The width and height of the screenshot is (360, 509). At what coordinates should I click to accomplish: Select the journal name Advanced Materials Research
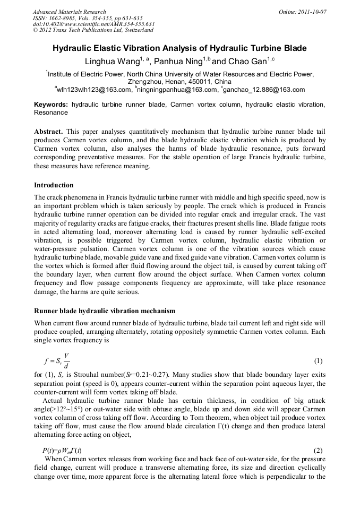(x=69, y=12)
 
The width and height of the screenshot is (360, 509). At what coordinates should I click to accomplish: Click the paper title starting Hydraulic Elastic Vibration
(x=179, y=48)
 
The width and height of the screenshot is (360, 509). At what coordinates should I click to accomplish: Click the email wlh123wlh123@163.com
(x=95, y=90)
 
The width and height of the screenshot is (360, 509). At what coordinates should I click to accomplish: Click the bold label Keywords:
(x=51, y=105)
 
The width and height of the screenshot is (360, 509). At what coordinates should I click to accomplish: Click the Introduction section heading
(x=54, y=185)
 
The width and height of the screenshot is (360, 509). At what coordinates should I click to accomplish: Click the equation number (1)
(x=318, y=361)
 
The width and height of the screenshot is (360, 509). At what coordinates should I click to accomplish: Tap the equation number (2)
(x=318, y=435)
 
